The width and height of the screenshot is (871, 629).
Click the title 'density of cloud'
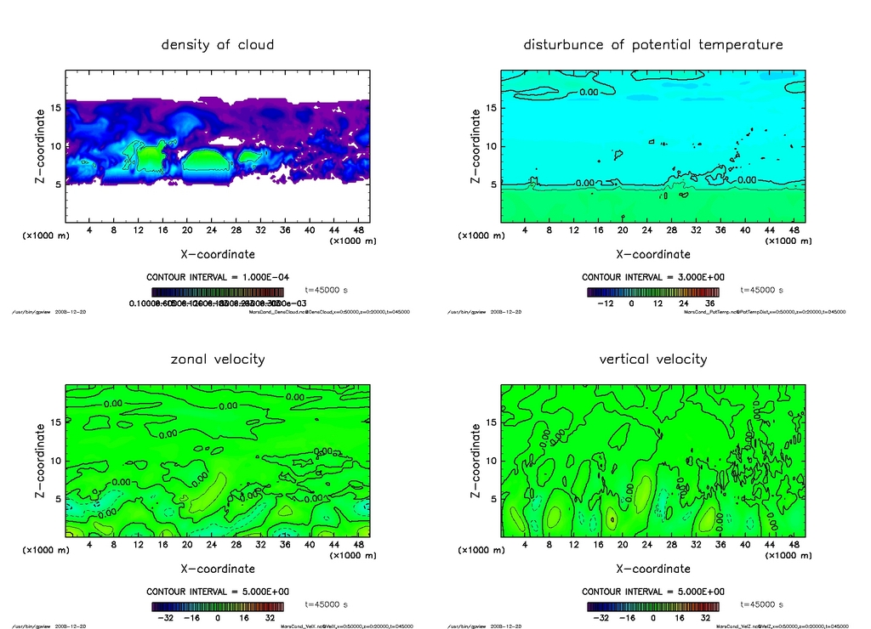coord(218,44)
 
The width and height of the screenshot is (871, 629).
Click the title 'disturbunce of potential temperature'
coord(653,44)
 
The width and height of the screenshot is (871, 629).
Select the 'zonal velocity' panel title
coord(218,359)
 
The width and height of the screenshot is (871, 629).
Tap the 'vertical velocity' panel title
coord(653,359)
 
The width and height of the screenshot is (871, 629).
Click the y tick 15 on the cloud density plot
coord(56,108)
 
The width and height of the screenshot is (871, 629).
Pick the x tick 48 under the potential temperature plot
coord(794,229)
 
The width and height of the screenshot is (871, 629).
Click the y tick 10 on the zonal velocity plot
coord(56,461)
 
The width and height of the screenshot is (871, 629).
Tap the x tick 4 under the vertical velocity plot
coord(525,544)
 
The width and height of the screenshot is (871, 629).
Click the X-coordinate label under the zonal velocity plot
coord(218,569)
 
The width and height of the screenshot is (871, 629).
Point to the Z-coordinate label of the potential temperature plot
coord(475,146)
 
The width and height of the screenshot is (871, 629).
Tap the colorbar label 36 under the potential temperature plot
coord(707,303)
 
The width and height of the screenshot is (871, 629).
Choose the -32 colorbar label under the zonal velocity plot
coord(165,618)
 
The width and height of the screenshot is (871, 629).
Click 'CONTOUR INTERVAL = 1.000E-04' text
coord(218,277)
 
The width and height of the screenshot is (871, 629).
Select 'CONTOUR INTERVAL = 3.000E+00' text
coord(653,277)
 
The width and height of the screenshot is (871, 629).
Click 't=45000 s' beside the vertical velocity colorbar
coord(758,604)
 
